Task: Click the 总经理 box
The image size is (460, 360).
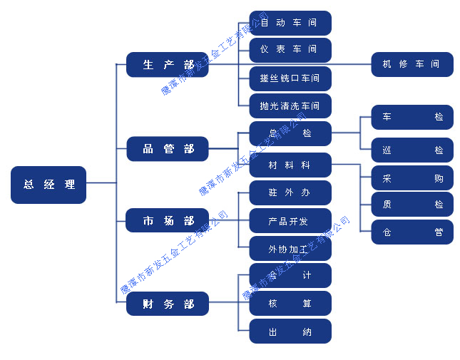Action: pyautogui.click(x=48, y=185)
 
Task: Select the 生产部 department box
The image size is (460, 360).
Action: pyautogui.click(x=168, y=65)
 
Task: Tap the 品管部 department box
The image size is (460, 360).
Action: pyautogui.click(x=168, y=149)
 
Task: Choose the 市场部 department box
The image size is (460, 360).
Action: pyautogui.click(x=168, y=221)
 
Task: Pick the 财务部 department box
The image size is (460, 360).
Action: pyautogui.click(x=168, y=304)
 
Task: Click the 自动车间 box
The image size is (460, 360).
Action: pyautogui.click(x=290, y=23)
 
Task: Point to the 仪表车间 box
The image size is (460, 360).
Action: pyautogui.click(x=290, y=50)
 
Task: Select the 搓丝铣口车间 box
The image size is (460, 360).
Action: pyautogui.click(x=290, y=78)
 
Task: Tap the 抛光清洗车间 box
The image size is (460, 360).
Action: pyautogui.click(x=290, y=106)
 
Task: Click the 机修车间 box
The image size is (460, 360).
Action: pyautogui.click(x=412, y=64)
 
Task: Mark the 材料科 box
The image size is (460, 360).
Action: pyautogui.click(x=290, y=165)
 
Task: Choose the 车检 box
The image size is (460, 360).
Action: pyautogui.click(x=412, y=117)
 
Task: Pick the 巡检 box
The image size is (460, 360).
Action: pyautogui.click(x=412, y=150)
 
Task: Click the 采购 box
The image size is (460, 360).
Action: pyautogui.click(x=412, y=178)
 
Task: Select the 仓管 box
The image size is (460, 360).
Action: pyautogui.click(x=412, y=232)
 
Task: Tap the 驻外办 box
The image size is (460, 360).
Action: pyautogui.click(x=290, y=192)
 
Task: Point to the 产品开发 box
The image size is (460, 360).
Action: pyautogui.click(x=290, y=221)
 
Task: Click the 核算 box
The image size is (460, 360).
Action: pyautogui.click(x=290, y=304)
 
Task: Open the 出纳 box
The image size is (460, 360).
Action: pyautogui.click(x=290, y=331)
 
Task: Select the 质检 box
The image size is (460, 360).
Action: pyautogui.click(x=412, y=205)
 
